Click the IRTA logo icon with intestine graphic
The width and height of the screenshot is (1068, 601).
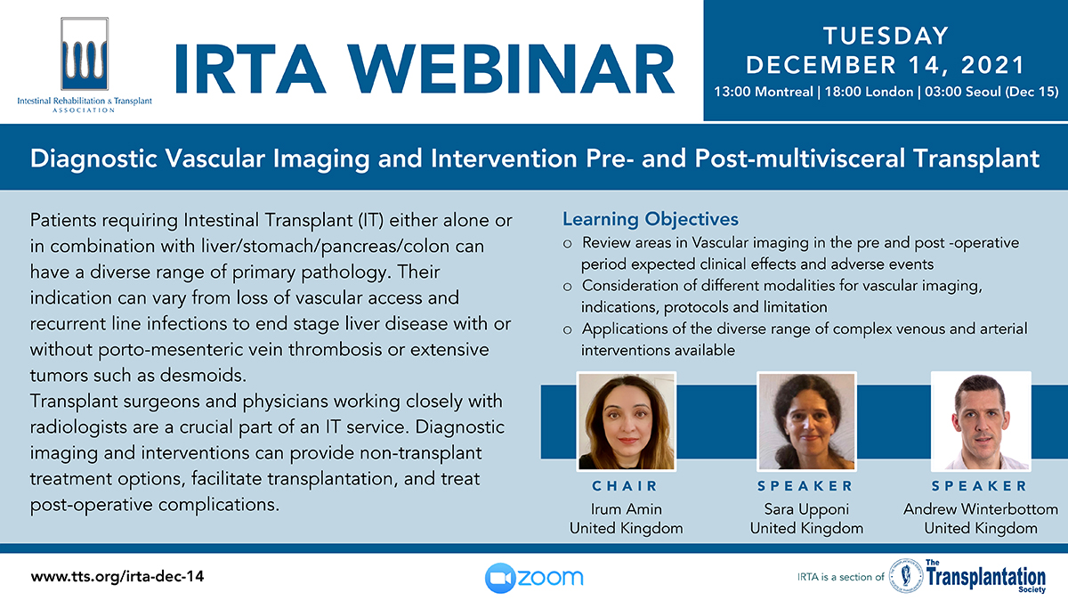coord(85,54)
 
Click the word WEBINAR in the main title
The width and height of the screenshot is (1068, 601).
coord(510,69)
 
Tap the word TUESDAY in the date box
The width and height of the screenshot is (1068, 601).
coord(886,37)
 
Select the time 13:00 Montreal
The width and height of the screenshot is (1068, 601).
coord(764,92)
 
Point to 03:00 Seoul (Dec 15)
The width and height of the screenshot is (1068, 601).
coord(991,92)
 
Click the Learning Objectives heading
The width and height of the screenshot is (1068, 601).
coord(651,219)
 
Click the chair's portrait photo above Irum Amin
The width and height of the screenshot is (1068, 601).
coord(626,422)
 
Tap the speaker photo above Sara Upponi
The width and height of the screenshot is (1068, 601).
coord(806,422)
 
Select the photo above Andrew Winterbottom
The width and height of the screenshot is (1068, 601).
coord(981,422)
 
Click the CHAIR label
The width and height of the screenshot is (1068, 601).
coord(625,486)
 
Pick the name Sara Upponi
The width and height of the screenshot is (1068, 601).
coord(806,509)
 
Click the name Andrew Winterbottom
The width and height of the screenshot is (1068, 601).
coord(980,509)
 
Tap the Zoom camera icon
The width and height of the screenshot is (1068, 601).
coord(499,578)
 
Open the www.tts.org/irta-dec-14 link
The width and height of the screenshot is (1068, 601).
coord(117,577)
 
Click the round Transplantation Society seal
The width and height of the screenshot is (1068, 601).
coord(906,576)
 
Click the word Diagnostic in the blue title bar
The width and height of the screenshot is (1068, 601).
coord(93,158)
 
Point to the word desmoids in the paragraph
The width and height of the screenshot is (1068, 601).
coord(202,376)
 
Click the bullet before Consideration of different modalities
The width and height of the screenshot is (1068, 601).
coord(568,287)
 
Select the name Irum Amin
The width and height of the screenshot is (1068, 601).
coord(626,509)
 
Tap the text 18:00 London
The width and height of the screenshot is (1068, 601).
coord(869,92)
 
